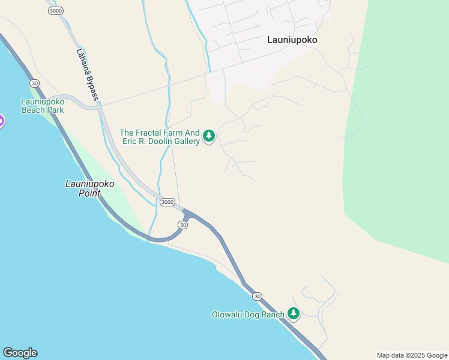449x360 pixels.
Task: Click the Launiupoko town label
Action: [x=292, y=40]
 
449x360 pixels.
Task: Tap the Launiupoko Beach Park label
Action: [x=43, y=106]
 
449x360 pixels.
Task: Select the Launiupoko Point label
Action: [x=89, y=189]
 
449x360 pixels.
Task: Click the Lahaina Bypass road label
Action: [x=87, y=74]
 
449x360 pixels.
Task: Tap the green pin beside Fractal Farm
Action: [x=209, y=136]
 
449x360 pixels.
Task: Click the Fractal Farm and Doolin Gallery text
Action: [x=160, y=137]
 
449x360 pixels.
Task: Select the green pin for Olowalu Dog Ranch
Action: [x=293, y=313]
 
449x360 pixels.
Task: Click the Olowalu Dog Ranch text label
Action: [x=247, y=314]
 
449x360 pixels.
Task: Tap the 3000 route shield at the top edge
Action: [x=56, y=11]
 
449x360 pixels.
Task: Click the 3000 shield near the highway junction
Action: [x=167, y=202]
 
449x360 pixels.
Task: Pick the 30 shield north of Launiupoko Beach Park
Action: [x=35, y=83]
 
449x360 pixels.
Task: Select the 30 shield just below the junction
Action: [x=183, y=224]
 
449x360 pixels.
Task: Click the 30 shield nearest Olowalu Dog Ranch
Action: [x=257, y=296]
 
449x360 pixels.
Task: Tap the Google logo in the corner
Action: [x=20, y=353]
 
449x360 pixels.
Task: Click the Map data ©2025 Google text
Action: [x=412, y=355]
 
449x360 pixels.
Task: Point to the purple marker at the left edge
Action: [x=1, y=121]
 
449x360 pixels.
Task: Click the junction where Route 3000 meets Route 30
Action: [x=187, y=213]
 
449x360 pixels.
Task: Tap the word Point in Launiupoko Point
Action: [x=89, y=194]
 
